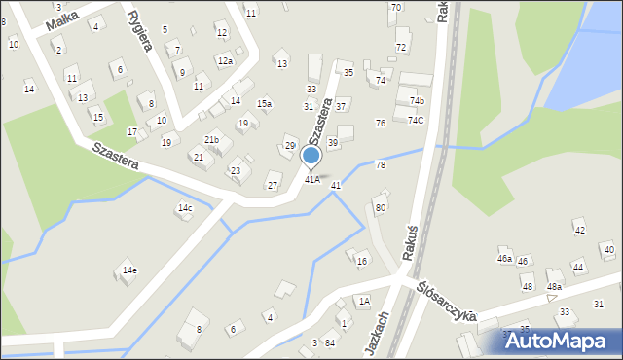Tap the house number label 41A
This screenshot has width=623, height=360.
(312, 179)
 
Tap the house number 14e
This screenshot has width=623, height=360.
(129, 270)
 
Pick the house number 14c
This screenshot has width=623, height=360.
(185, 208)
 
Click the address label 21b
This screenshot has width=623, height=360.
(211, 140)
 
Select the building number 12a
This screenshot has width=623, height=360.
(225, 61)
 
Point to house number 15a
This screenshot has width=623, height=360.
(264, 103)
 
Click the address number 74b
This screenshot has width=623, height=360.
(417, 101)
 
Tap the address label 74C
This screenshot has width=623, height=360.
(416, 121)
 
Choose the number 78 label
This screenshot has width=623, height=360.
(381, 165)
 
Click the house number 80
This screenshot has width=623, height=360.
(381, 208)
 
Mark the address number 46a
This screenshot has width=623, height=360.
(504, 259)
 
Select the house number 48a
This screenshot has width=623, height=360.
(554, 287)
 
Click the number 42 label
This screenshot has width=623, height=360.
(579, 230)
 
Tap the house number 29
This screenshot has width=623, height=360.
(290, 146)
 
